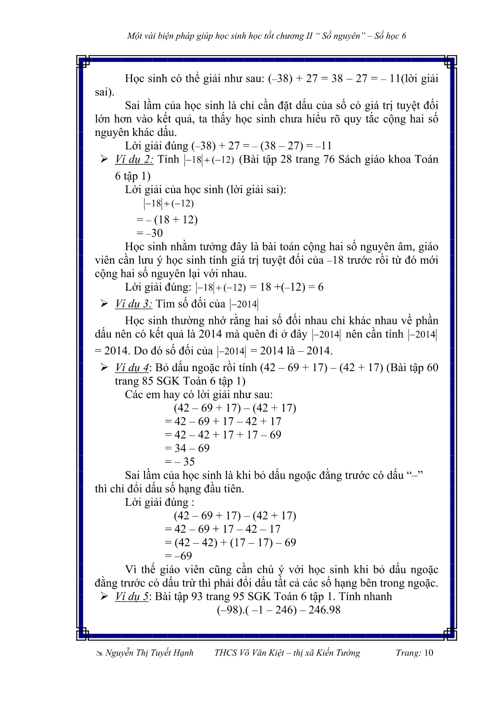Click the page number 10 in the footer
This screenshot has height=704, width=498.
coord(429,653)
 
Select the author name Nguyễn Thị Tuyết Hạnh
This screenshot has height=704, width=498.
coord(149,653)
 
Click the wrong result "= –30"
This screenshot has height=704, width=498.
coord(150,233)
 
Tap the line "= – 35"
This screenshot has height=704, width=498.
coord(180,461)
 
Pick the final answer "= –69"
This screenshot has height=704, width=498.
coord(178,556)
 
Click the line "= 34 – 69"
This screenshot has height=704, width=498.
coord(187,448)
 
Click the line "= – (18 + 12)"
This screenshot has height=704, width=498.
coord(167,220)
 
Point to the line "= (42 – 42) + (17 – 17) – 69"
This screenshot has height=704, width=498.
coord(231,542)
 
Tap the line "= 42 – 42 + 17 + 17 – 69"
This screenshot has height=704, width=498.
coord(223,435)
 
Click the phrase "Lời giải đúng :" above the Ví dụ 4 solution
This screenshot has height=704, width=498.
coord(160,502)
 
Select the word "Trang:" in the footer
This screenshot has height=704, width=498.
coord(408,653)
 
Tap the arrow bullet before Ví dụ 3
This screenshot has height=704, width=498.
coord(104,304)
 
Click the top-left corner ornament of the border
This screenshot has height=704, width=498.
coord(84,62)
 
